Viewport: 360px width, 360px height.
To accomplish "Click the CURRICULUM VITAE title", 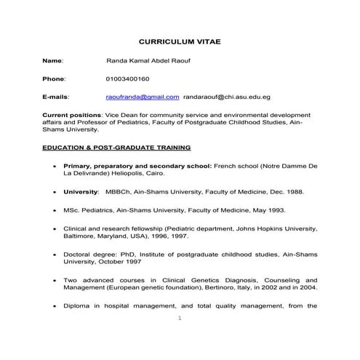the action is (x=179, y=43).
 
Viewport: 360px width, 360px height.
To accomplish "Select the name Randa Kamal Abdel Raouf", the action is (x=145, y=62).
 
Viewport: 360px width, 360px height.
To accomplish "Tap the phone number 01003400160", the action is (x=127, y=79).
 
